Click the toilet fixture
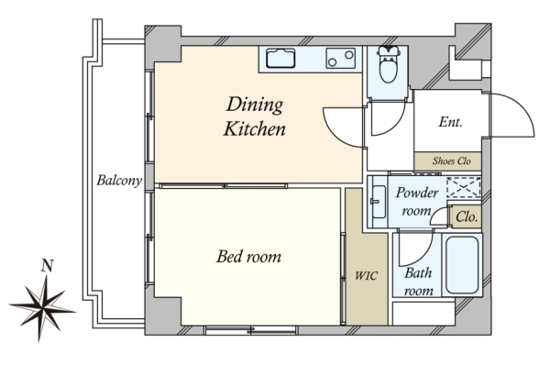click(389, 64)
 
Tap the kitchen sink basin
click(280, 59)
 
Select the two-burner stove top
click(340, 59)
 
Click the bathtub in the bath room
click(462, 264)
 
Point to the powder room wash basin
click(379, 202)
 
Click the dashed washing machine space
click(463, 187)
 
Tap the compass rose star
click(42, 308)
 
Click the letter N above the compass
click(47, 266)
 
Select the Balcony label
click(119, 181)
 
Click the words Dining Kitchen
click(255, 116)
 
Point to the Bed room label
click(248, 256)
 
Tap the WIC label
click(366, 276)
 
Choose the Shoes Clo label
click(451, 161)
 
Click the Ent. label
click(450, 122)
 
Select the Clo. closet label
click(467, 216)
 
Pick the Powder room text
click(417, 202)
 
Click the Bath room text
click(418, 282)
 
